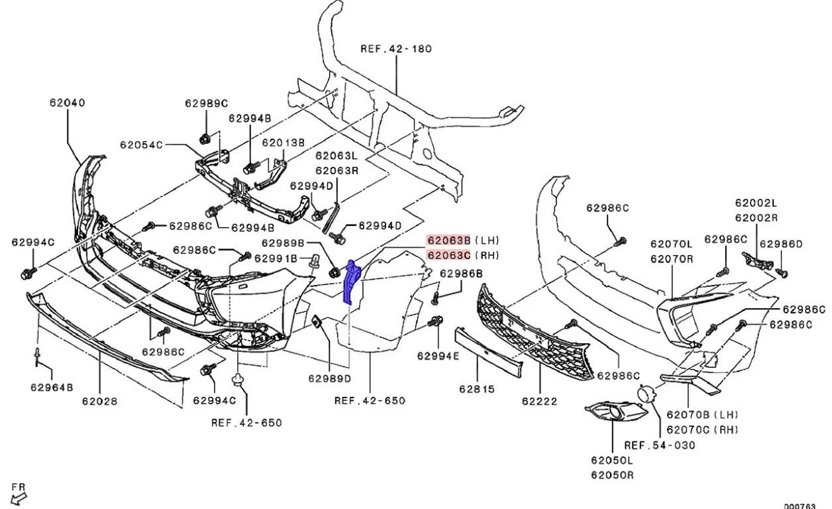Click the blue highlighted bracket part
(350, 282)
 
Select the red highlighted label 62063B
(448, 240)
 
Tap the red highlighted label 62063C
(448, 255)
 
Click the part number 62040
(67, 103)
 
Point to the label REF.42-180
(396, 48)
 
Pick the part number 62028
(99, 400)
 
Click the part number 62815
(477, 390)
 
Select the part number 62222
(539, 401)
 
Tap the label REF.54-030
(660, 445)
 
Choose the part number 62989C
(206, 103)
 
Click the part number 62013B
(283, 142)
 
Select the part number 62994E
(438, 356)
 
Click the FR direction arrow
(20, 496)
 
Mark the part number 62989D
(329, 378)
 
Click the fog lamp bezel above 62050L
(615, 414)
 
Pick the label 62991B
(276, 258)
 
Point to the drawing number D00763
(801, 506)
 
